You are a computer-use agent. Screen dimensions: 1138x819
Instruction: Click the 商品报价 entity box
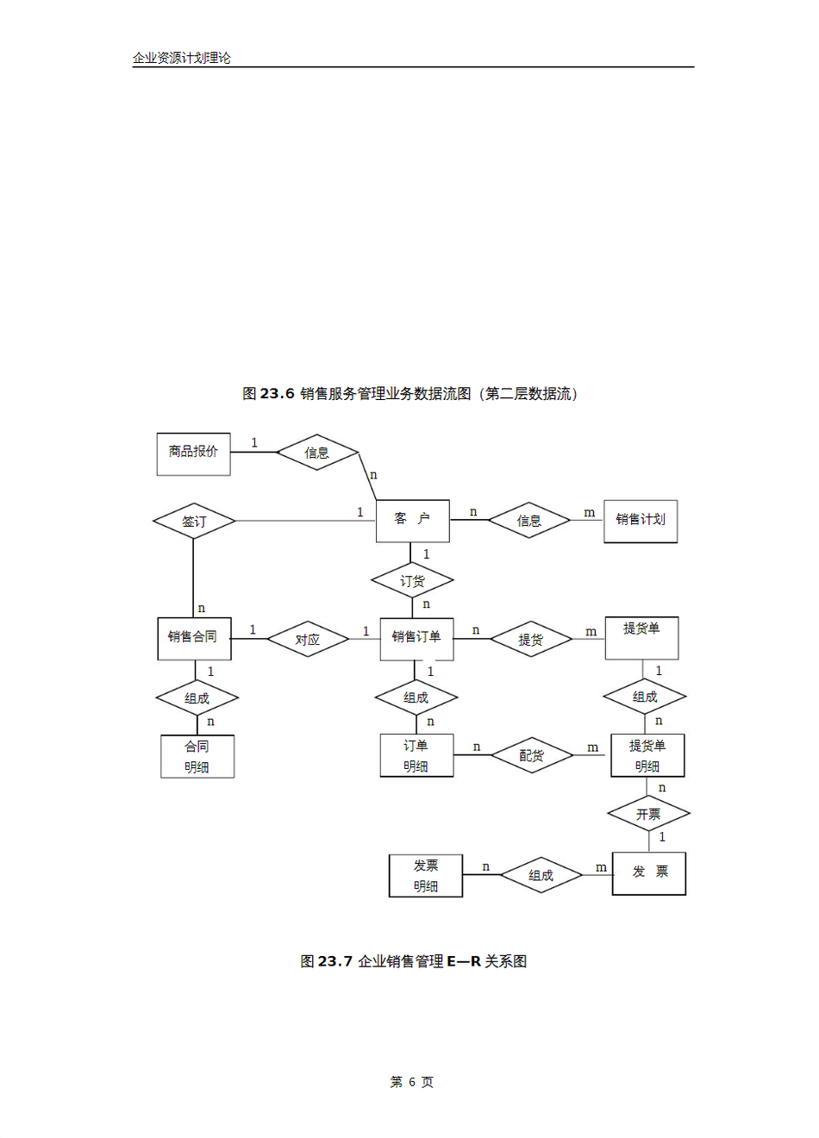(x=193, y=453)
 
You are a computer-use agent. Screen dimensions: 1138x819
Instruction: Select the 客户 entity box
(x=412, y=520)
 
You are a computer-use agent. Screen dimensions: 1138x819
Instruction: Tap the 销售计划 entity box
(x=640, y=521)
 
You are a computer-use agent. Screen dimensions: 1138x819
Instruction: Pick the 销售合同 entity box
(x=194, y=638)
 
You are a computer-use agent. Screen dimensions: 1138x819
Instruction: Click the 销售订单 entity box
(x=416, y=638)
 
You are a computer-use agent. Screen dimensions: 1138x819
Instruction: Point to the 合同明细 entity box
(x=197, y=756)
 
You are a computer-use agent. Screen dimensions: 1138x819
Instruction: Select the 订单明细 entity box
(x=416, y=755)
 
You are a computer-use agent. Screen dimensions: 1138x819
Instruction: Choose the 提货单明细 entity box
(x=647, y=755)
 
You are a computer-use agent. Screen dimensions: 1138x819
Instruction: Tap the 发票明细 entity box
(x=425, y=875)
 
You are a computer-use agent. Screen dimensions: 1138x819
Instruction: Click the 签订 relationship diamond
(x=194, y=521)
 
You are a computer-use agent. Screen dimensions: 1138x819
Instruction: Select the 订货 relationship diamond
(x=412, y=581)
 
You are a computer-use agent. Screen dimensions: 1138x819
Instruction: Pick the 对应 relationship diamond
(x=308, y=639)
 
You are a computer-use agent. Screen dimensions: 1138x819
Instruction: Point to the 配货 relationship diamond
(x=532, y=755)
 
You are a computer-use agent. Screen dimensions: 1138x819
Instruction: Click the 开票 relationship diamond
(x=648, y=813)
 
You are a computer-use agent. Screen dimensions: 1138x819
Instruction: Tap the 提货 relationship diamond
(x=531, y=639)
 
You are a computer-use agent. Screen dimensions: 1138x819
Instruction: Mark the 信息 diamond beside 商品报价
(x=316, y=452)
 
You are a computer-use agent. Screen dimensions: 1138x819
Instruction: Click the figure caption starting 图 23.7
(x=413, y=961)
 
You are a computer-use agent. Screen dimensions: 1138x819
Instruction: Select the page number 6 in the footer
(x=412, y=1082)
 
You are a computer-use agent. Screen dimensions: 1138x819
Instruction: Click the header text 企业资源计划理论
(x=181, y=58)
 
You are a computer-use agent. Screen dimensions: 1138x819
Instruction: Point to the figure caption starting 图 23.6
(x=409, y=394)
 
